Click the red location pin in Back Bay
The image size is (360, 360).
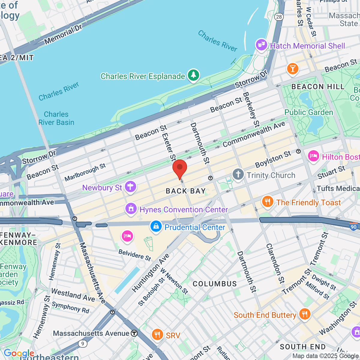(x=180, y=168)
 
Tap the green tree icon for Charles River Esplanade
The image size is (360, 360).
(x=193, y=75)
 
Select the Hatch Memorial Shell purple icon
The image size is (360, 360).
(x=261, y=46)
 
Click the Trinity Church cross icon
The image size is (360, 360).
(x=238, y=175)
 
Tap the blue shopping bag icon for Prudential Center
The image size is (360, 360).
(x=156, y=226)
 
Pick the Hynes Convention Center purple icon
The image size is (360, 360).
(x=131, y=209)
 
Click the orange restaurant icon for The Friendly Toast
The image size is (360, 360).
(x=267, y=202)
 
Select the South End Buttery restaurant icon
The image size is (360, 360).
(x=304, y=314)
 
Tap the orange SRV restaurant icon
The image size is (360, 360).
(x=157, y=335)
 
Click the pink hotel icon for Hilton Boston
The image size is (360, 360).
(x=313, y=156)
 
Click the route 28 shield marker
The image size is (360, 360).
(x=279, y=17)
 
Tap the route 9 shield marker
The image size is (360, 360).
(x=82, y=344)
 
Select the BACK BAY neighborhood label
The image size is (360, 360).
(x=186, y=191)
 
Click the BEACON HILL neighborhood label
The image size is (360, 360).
(x=318, y=87)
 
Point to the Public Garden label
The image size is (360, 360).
(x=309, y=112)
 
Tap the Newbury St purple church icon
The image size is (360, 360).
(x=131, y=187)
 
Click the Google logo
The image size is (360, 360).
(x=19, y=353)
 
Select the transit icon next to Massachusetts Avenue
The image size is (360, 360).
(x=134, y=333)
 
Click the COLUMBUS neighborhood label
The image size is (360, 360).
(x=214, y=284)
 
